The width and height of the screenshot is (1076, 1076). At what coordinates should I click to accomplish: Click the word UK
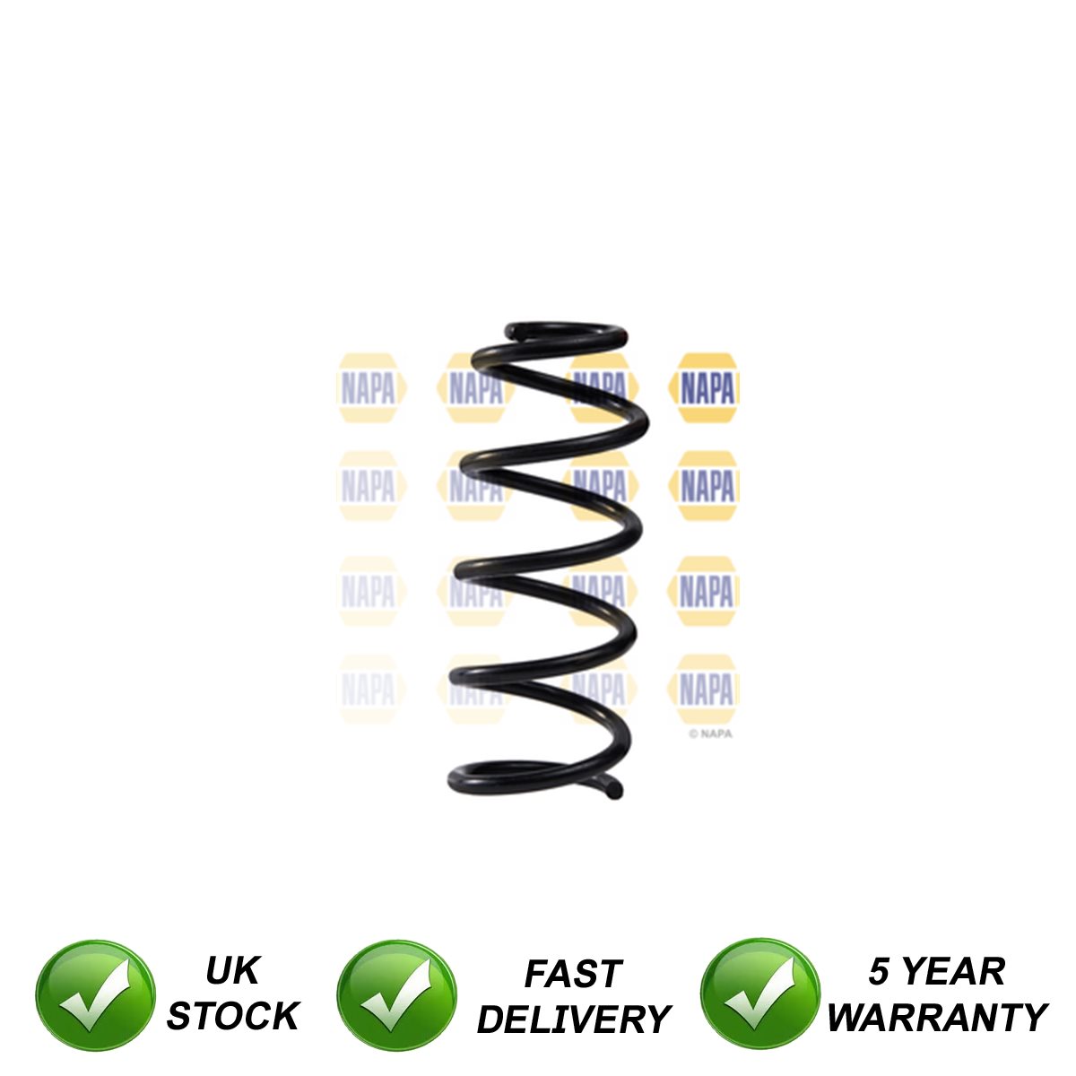tap(232, 970)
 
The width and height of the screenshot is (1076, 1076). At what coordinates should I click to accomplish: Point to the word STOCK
tap(232, 1017)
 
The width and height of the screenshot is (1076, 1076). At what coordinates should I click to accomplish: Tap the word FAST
tap(573, 974)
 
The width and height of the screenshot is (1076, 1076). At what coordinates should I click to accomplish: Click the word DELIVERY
tap(573, 1020)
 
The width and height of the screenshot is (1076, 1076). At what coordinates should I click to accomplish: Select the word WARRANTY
tap(936, 1018)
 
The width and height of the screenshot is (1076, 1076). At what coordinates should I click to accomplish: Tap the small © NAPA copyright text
tap(710, 733)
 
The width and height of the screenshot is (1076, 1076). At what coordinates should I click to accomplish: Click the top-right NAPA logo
tap(707, 388)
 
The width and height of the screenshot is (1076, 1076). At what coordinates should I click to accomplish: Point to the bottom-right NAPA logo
tap(707, 690)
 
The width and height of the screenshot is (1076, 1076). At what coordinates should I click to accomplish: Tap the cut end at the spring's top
tap(511, 333)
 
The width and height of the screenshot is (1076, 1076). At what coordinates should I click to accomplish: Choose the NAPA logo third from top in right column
tap(707, 591)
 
